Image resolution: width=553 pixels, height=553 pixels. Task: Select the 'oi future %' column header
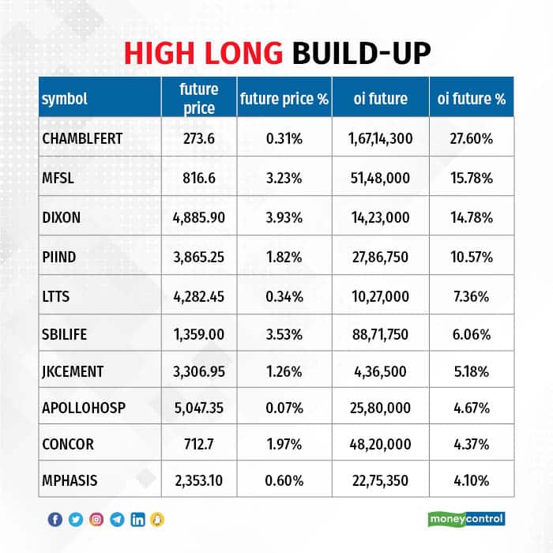(x=471, y=100)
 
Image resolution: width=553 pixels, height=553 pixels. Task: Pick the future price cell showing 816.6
(x=198, y=179)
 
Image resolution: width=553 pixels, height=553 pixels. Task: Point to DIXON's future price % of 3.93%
(x=284, y=216)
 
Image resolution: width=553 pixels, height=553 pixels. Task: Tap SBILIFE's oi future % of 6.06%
(x=471, y=334)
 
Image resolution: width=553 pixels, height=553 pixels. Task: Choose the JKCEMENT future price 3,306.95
(x=198, y=373)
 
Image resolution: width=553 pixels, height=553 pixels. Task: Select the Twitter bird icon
(x=76, y=519)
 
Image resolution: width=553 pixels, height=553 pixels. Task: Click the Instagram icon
(x=96, y=519)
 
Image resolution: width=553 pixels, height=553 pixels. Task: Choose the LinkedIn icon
(x=137, y=519)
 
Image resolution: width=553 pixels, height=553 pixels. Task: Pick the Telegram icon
(x=117, y=519)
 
